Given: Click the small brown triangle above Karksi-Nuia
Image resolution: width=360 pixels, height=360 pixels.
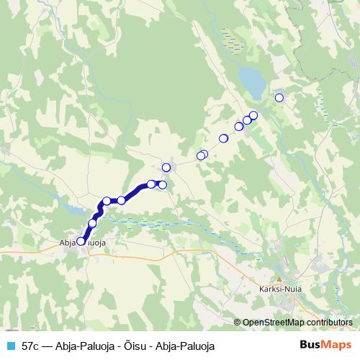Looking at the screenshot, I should point(279,279).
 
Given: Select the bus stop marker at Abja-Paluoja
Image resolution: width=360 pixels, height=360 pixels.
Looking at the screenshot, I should point(81,241).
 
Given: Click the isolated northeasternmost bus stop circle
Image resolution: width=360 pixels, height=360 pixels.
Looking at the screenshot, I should point(279,98).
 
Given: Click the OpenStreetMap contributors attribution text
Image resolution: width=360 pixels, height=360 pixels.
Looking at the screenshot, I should point(297,323).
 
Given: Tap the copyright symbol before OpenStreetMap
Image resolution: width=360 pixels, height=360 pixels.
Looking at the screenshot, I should point(237,323).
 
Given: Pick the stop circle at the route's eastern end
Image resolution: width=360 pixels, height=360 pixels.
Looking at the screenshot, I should point(163,185).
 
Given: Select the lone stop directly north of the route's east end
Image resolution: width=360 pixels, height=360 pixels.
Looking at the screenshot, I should point(166,168).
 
